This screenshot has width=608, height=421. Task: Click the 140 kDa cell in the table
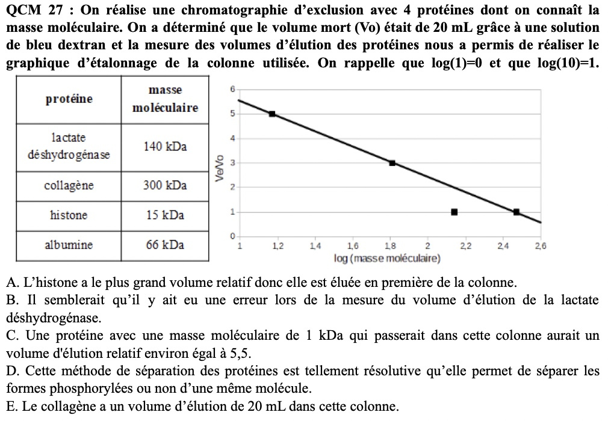(165, 147)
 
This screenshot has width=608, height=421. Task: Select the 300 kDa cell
(165, 185)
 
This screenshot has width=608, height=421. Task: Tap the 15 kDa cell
(165, 215)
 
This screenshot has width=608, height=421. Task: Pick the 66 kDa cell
(165, 245)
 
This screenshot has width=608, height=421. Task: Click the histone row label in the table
(69, 215)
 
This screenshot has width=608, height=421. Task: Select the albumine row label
(69, 245)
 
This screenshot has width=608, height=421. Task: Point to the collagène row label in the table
(69, 185)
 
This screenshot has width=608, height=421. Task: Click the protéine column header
(69, 99)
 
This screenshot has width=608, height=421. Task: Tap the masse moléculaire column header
(165, 99)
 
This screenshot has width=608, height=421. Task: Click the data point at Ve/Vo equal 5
(272, 114)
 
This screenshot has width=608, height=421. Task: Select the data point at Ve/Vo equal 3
(392, 163)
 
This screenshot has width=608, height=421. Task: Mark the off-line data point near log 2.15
(454, 212)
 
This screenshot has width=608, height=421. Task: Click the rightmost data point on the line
(516, 212)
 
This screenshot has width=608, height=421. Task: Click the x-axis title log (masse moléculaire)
(388, 259)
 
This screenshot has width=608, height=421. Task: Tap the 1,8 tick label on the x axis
(390, 246)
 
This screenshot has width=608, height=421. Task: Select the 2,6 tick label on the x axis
(540, 246)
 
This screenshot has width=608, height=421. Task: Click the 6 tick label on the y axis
(232, 90)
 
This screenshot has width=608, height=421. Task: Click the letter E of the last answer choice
(10, 407)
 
